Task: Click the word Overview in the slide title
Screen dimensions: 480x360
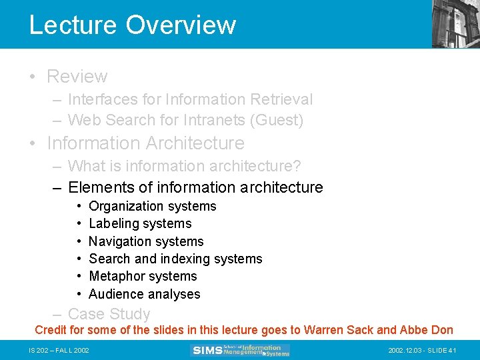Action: pyautogui.click(x=181, y=25)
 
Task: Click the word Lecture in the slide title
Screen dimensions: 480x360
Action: pyautogui.click(x=73, y=25)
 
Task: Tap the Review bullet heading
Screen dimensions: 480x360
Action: pyautogui.click(x=77, y=77)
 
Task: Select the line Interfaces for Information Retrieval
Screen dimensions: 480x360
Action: pyautogui.click(x=190, y=99)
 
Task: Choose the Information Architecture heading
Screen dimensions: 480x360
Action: pyautogui.click(x=145, y=143)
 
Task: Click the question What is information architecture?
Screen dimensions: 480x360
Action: pyautogui.click(x=185, y=165)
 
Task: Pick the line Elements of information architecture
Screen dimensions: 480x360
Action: pyautogui.click(x=195, y=187)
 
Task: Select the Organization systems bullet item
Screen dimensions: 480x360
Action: pyautogui.click(x=152, y=206)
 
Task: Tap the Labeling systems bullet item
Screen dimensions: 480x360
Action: pyautogui.click(x=140, y=223)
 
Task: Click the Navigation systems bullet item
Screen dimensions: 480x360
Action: pyautogui.click(x=146, y=241)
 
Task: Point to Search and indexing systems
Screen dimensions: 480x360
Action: pyautogui.click(x=175, y=259)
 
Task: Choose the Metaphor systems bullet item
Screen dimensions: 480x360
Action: pyautogui.click(x=143, y=276)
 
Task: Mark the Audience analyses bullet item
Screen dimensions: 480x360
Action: pyautogui.click(x=144, y=294)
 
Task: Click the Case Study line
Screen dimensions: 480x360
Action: pyautogui.click(x=109, y=314)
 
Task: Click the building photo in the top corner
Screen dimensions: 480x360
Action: pyautogui.click(x=456, y=24)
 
